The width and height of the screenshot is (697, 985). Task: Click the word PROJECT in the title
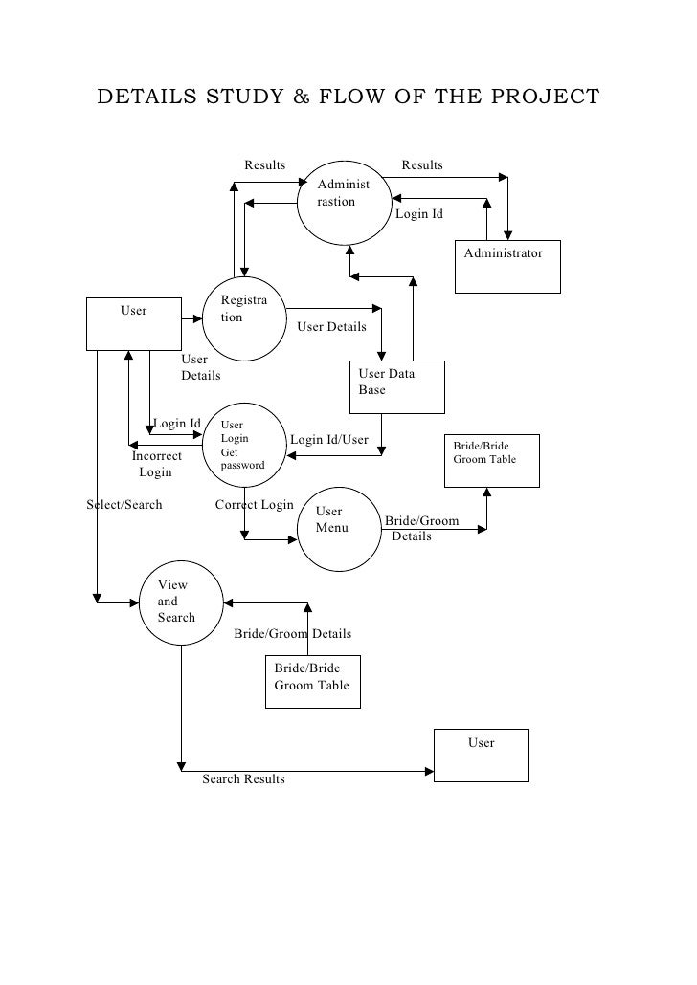(545, 97)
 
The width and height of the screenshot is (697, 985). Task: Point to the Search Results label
(243, 779)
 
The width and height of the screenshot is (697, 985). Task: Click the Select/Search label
(124, 504)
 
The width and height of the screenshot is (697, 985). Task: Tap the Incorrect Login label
(156, 464)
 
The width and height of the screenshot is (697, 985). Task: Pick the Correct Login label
(254, 504)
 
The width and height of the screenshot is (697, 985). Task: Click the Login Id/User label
(329, 440)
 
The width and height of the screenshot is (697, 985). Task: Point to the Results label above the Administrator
(422, 164)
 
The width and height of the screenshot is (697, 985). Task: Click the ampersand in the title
(301, 97)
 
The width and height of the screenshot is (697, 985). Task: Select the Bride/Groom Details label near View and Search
(293, 633)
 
